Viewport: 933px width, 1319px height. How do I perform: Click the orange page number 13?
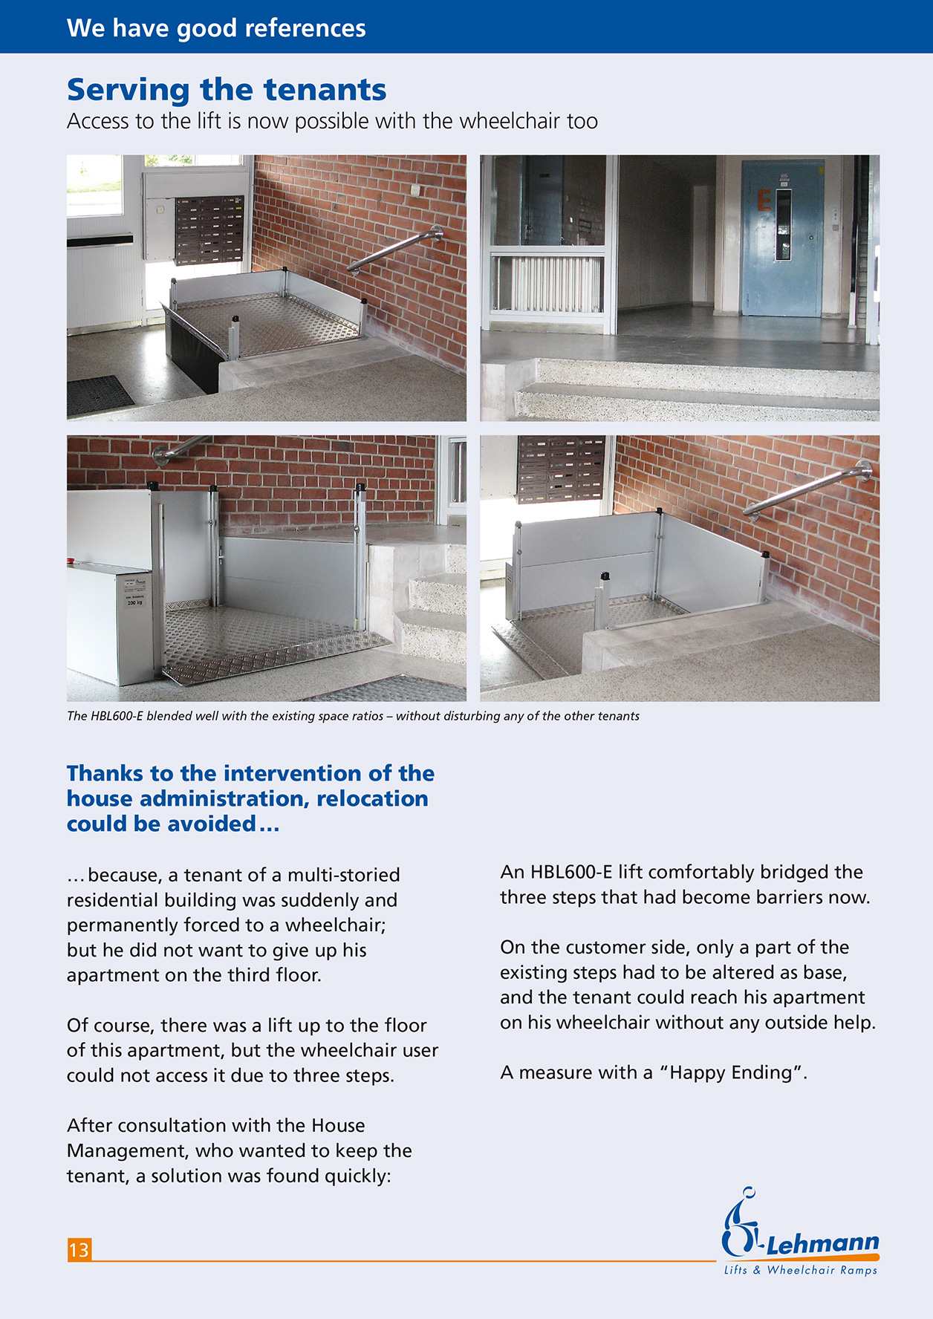coord(79,1250)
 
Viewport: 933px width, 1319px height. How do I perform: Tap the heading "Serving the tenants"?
coord(227,90)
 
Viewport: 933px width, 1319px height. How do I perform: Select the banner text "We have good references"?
coord(216,28)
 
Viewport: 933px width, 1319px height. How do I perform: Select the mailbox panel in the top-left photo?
coord(209,229)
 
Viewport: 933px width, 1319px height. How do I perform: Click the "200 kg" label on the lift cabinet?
coord(135,602)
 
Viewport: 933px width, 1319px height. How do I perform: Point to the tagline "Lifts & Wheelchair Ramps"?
coord(801,1270)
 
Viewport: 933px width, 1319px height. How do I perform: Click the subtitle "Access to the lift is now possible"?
coord(332,121)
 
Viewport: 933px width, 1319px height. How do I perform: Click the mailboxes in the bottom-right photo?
coord(562,468)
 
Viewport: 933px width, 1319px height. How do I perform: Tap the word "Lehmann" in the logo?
coord(822,1243)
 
